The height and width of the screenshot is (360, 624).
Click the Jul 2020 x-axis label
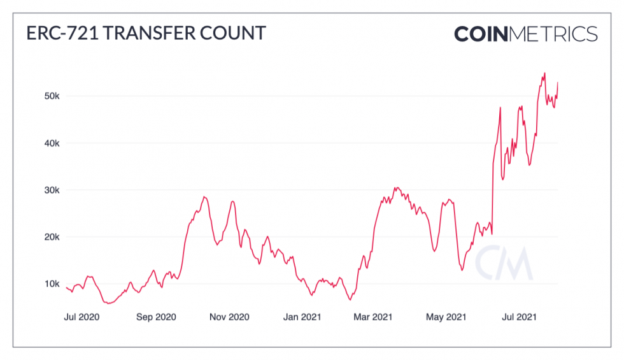82,316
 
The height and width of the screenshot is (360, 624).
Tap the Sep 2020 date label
156,316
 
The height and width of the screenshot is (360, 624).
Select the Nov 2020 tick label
229,316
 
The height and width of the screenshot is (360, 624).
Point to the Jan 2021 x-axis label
302,316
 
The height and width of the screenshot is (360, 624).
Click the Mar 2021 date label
373,316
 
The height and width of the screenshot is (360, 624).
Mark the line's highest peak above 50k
544,73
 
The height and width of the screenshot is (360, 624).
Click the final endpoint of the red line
558,82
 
